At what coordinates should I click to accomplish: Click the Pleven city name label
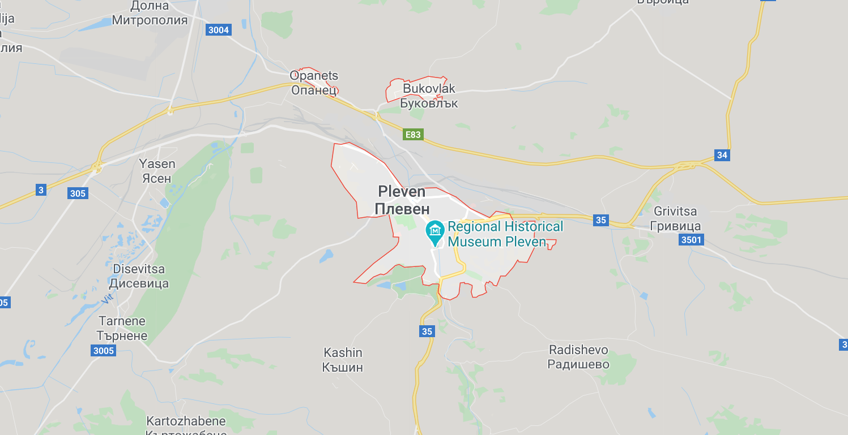[402, 200]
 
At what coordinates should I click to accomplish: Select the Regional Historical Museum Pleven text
[505, 234]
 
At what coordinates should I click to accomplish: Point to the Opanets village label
[314, 83]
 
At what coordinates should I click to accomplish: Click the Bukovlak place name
[429, 96]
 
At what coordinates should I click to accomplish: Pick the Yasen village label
[157, 171]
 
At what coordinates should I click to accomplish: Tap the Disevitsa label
[140, 276]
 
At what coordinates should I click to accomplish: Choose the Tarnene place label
[122, 328]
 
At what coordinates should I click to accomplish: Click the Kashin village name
[343, 360]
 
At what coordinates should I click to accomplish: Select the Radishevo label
[578, 357]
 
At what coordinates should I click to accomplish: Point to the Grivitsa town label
[677, 218]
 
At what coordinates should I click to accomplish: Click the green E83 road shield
[413, 135]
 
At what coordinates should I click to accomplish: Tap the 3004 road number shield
[219, 30]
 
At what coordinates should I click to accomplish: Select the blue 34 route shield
[722, 155]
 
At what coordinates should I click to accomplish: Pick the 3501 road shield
[691, 240]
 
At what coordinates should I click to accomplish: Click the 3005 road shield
[103, 351]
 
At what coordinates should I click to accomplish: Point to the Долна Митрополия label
[150, 14]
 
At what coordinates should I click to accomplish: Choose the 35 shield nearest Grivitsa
[601, 220]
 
